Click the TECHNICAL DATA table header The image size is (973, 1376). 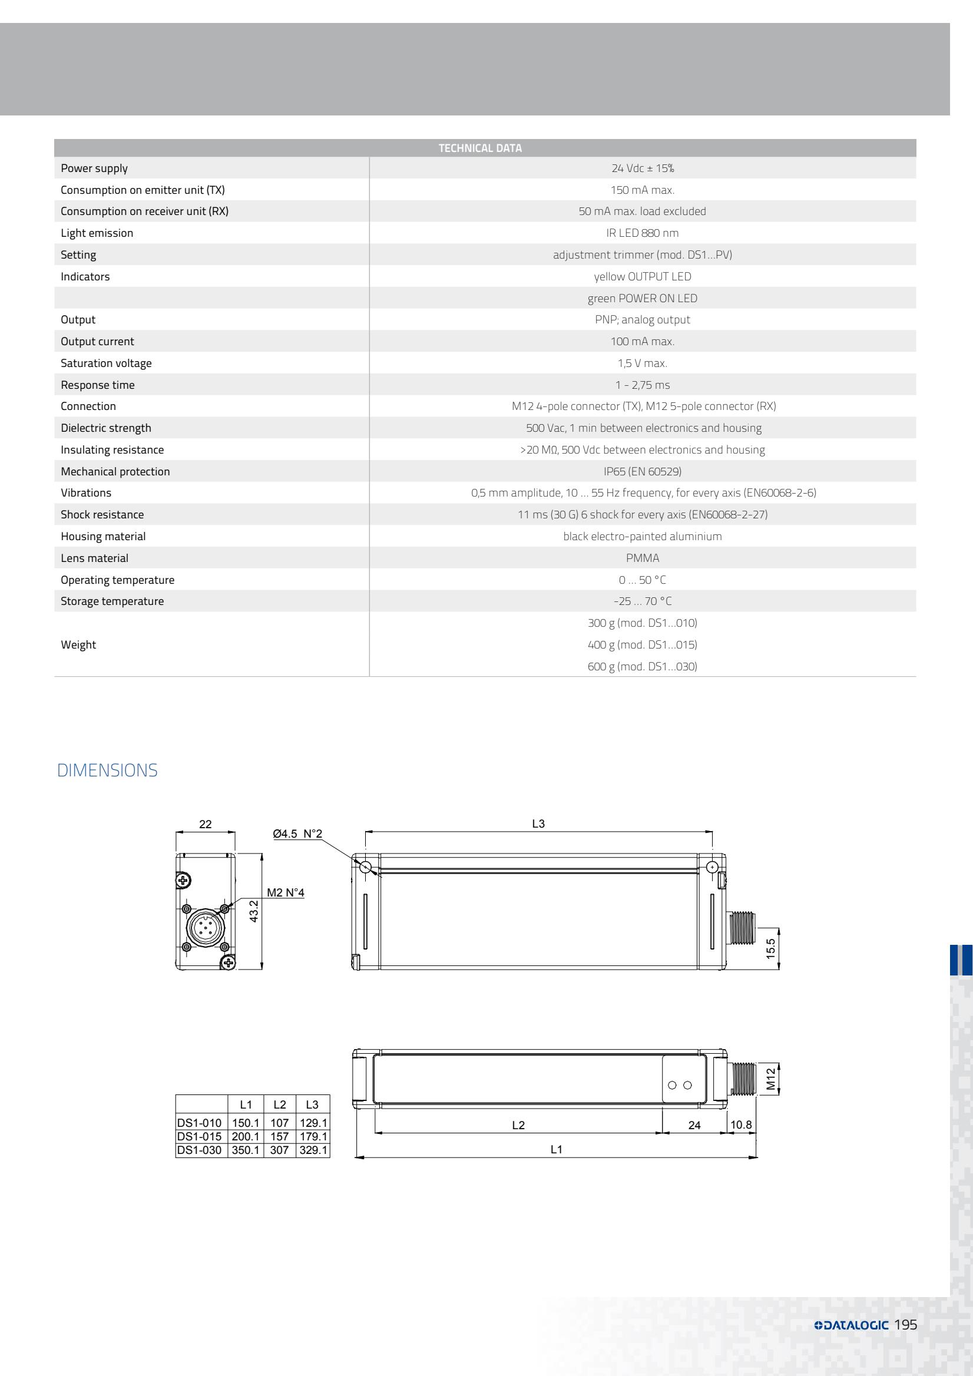[480, 148]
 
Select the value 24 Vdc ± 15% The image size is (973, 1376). [642, 168]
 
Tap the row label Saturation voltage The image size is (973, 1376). [106, 363]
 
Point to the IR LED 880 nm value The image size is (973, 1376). [642, 233]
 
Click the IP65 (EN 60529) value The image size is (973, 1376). [642, 472]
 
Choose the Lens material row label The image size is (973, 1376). [95, 558]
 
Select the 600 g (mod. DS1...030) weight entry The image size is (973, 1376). [642, 666]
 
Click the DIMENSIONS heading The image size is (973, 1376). [107, 770]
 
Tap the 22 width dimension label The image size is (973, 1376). [206, 824]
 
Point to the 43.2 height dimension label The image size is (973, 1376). [254, 911]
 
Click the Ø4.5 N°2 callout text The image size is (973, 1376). [297, 833]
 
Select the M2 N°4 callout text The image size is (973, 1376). [285, 892]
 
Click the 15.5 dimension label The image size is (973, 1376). [771, 948]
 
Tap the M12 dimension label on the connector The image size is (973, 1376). [771, 1079]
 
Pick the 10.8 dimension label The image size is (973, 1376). [740, 1124]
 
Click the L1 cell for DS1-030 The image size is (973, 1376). [246, 1150]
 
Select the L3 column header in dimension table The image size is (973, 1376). [312, 1104]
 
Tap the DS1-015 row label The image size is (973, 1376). [200, 1136]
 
